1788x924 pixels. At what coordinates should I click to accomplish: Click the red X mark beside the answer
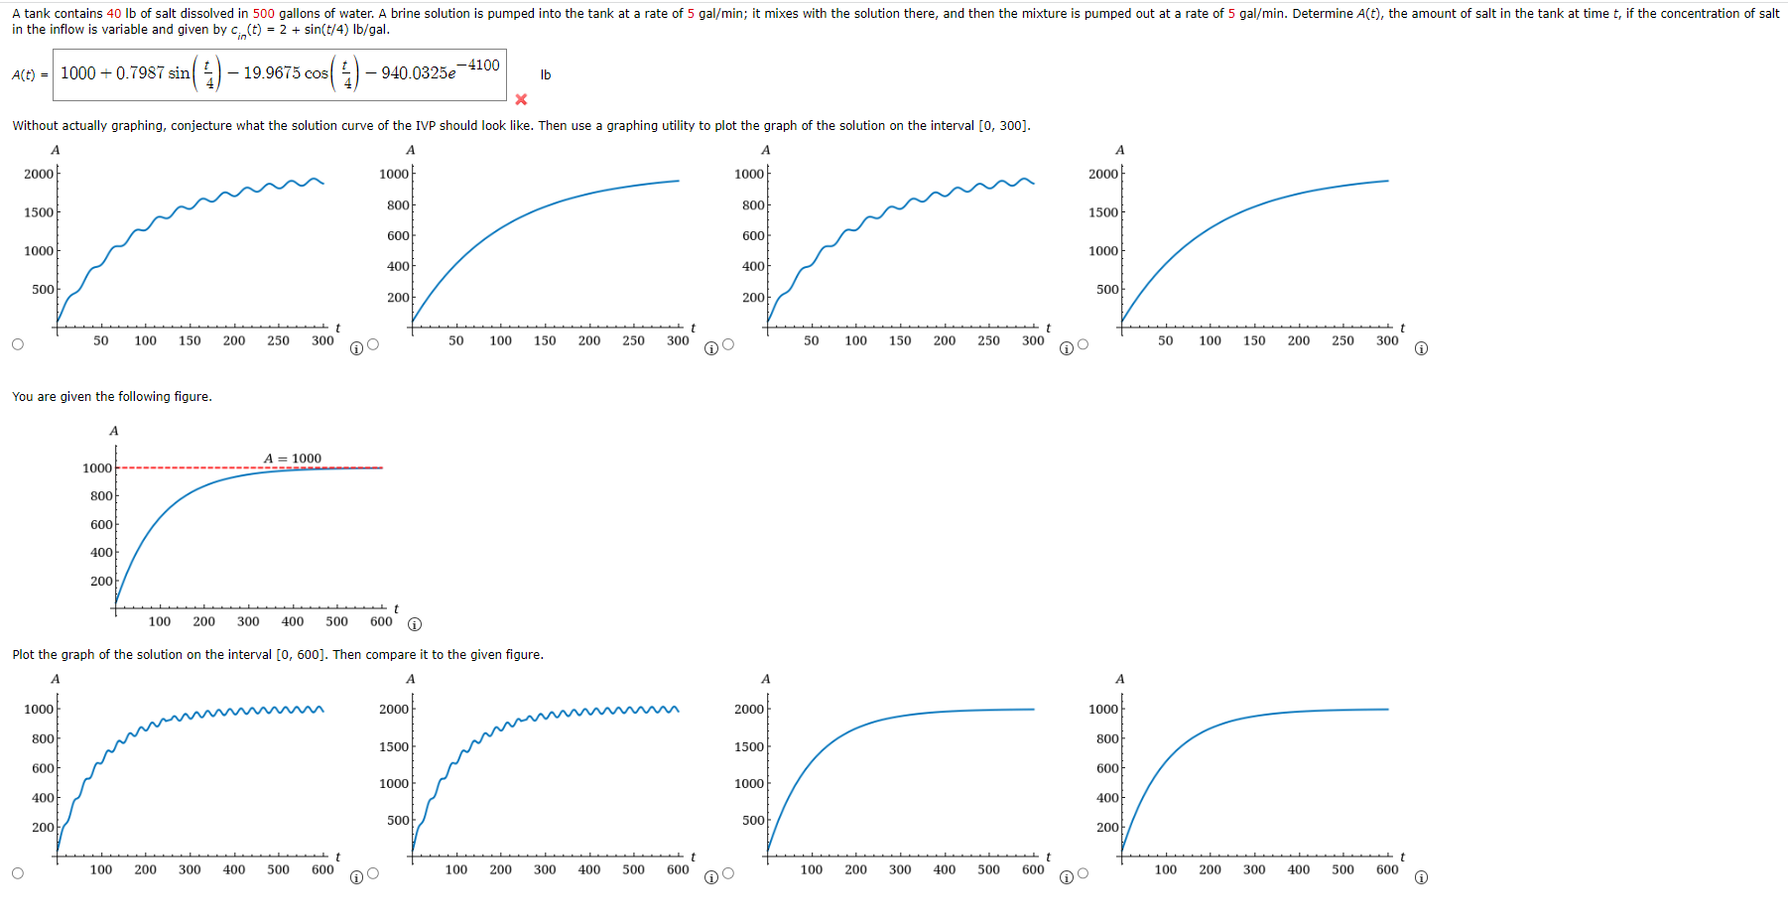coord(521,99)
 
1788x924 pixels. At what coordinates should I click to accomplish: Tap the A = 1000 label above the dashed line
coord(293,459)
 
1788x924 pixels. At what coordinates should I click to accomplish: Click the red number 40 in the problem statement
coord(114,13)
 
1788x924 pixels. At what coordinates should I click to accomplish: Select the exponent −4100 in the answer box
coord(483,66)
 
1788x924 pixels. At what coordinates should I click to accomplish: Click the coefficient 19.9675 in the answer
coord(272,73)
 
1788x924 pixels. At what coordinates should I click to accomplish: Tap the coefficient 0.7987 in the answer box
coord(140,73)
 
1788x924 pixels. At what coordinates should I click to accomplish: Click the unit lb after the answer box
coord(546,75)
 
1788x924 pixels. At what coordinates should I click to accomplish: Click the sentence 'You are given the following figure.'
coord(112,397)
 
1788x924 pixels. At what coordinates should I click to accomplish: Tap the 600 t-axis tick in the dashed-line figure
coord(381,622)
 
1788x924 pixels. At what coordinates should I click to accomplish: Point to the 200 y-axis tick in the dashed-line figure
coord(101,581)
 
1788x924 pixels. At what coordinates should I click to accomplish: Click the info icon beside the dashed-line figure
coord(415,624)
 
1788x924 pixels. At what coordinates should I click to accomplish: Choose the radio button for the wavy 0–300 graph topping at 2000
coord(18,344)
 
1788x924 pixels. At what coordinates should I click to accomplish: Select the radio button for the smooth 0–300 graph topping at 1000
coord(373,344)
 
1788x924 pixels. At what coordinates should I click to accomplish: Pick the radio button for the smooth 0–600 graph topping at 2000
coord(728,873)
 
